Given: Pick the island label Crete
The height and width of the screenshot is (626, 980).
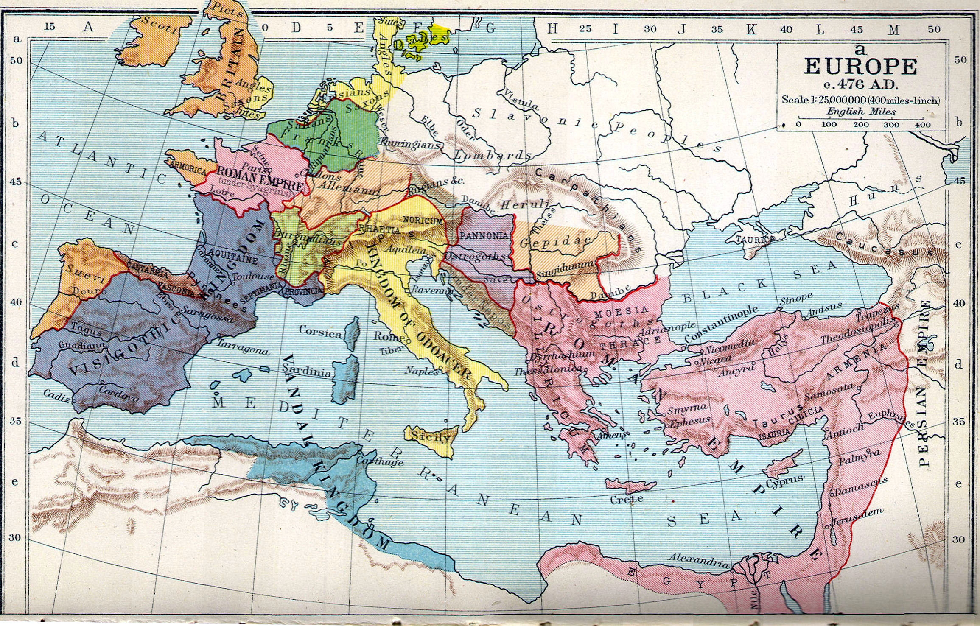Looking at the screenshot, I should (627, 499).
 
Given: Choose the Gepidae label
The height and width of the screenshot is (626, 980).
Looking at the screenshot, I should (555, 242).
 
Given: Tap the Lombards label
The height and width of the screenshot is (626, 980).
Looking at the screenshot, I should (492, 156).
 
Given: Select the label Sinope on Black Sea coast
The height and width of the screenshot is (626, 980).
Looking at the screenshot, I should (796, 298).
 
